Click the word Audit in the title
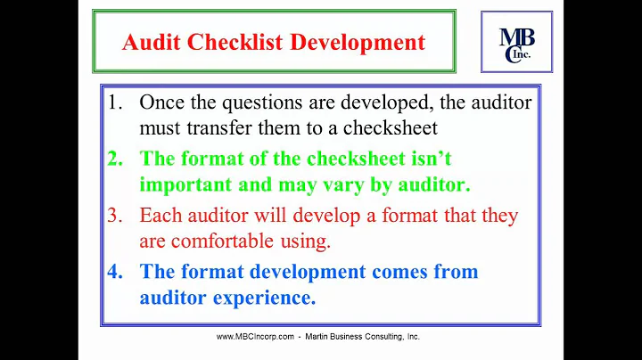click(x=147, y=42)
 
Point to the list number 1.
click(x=115, y=102)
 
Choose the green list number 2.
click(x=115, y=160)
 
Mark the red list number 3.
click(x=115, y=216)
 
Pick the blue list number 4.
click(x=115, y=272)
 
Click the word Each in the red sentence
click(x=160, y=216)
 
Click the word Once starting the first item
click(x=163, y=102)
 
